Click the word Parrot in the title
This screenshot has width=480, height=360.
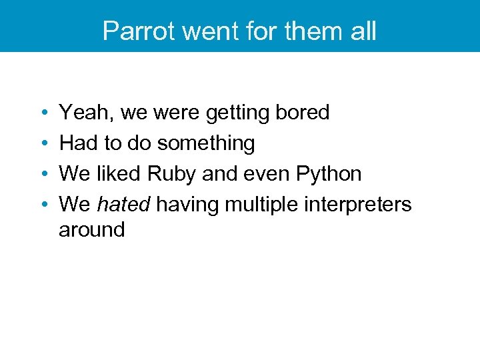coord(135,31)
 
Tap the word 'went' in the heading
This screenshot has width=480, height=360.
coord(199,31)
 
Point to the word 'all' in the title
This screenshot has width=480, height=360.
coord(362,31)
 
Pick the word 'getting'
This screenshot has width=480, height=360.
coord(239,113)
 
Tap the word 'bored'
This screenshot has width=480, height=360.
coord(303,113)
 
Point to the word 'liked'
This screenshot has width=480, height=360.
coord(118,174)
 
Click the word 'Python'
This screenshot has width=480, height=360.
coord(328,174)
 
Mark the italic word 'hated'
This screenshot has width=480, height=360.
coord(123,205)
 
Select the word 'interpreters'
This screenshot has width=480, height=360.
coord(359,205)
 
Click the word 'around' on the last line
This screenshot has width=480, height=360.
coord(91,230)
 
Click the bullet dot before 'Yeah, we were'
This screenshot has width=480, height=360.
coord(42,113)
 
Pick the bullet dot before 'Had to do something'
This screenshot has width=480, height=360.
coord(42,144)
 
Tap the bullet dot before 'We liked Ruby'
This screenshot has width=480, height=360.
coord(42,175)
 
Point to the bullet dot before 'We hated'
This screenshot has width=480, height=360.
coord(42,205)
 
